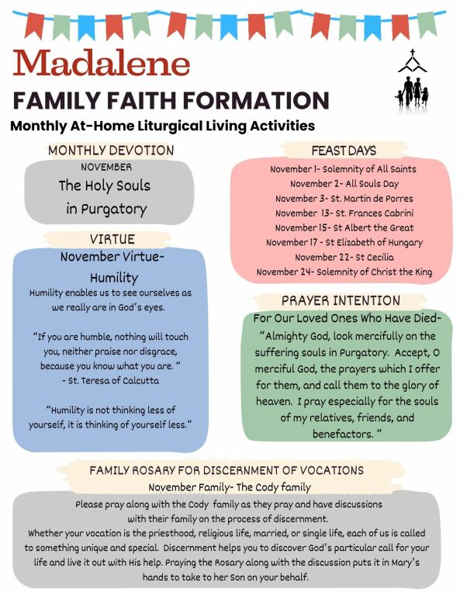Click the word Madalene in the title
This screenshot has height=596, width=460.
102,63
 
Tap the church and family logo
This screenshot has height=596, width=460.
412,79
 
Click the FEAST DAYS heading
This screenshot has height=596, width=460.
343,150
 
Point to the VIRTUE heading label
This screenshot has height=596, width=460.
112,238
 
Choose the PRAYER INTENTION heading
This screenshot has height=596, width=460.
341,300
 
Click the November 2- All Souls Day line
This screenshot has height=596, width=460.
343,184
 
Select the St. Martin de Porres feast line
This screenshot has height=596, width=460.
343,199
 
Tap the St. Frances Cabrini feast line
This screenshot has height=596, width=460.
343,213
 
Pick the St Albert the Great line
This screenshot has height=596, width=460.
343,228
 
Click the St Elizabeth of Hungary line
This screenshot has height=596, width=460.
343,243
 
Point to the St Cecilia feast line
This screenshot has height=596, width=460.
343,257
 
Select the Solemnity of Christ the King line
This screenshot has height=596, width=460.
343,272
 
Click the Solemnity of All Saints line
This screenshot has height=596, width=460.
343,169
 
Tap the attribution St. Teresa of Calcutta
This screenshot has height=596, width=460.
110,381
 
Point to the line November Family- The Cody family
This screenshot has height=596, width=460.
230,487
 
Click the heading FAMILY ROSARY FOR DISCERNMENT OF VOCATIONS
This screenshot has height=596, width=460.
227,470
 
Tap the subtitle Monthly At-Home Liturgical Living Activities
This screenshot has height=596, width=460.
162,125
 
